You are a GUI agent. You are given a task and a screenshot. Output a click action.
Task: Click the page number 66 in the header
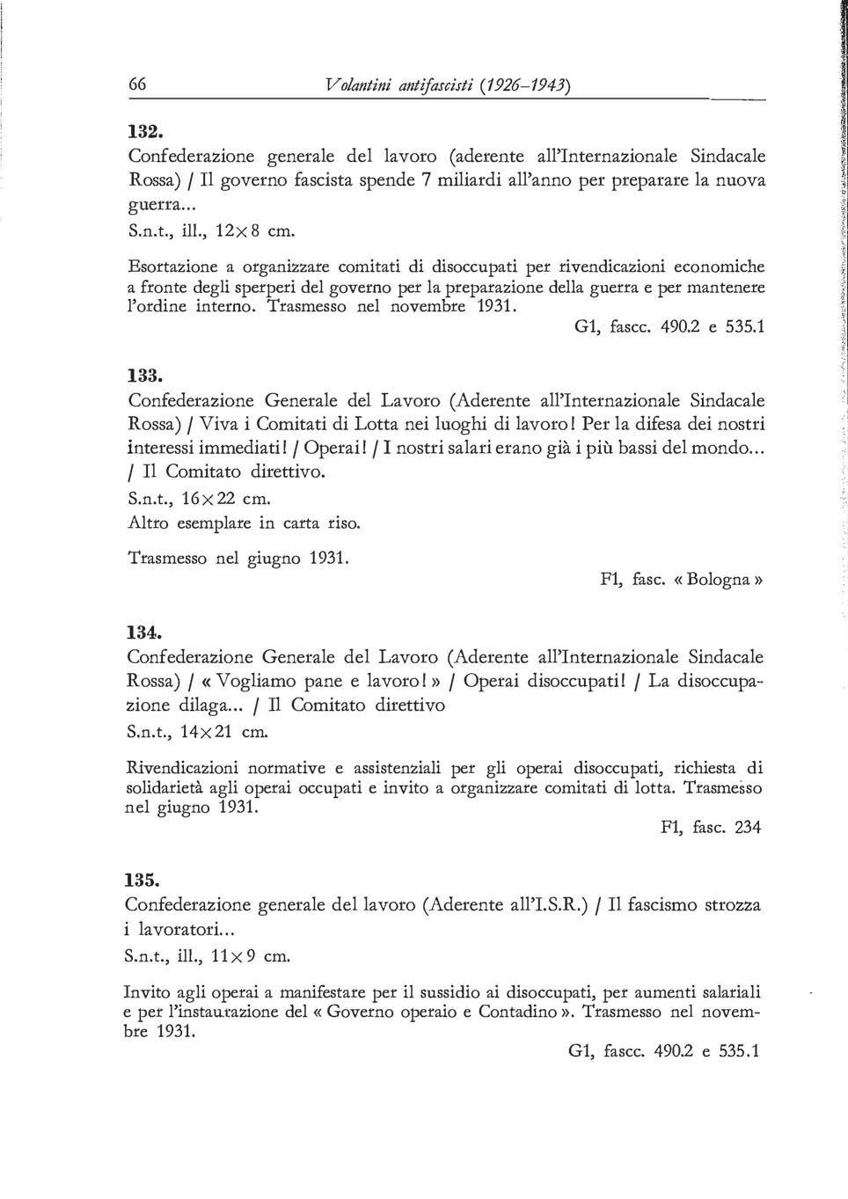click(137, 85)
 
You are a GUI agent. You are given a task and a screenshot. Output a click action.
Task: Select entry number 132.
click(143, 132)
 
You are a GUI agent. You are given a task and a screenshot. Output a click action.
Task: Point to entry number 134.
click(143, 632)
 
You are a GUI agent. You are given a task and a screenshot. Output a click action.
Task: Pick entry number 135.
click(143, 880)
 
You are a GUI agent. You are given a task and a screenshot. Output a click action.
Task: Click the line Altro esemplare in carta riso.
click(245, 524)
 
